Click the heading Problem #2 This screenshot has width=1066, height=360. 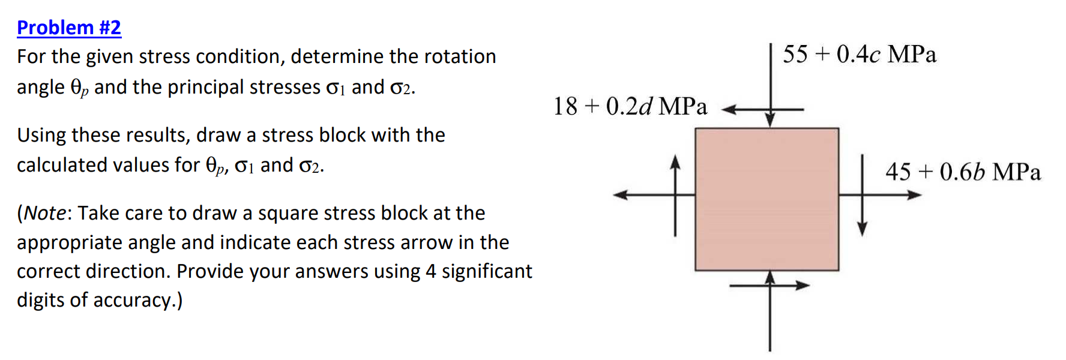(x=69, y=28)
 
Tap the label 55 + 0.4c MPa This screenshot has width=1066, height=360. (x=859, y=55)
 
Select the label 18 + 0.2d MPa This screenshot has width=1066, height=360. (x=630, y=107)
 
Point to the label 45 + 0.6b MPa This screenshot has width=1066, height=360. (x=963, y=172)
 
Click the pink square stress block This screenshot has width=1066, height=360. (x=766, y=199)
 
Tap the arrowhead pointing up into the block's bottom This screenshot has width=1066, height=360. (x=770, y=277)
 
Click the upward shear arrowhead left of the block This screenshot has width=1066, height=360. (x=675, y=162)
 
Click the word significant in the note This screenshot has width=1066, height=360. (x=487, y=271)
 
